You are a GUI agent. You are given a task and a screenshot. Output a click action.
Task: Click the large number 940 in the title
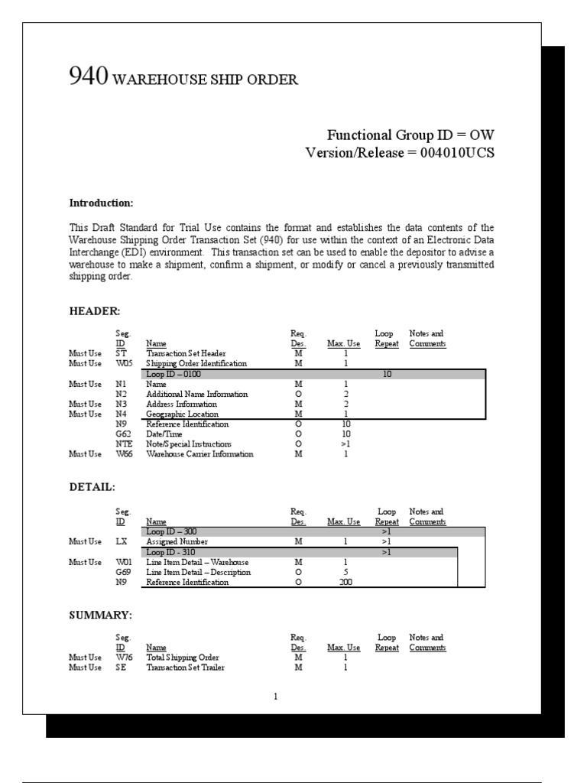88,76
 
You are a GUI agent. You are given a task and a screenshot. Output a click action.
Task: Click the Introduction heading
101,203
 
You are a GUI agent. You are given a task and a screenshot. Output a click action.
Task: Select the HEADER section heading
95,311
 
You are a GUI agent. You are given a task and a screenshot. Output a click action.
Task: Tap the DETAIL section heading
92,487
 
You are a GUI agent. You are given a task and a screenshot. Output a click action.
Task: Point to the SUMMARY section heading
101,615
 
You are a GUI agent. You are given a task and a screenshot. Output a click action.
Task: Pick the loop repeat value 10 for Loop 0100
388,375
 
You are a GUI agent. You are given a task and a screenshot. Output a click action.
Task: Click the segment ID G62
122,434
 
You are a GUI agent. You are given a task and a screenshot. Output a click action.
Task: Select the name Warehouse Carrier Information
199,454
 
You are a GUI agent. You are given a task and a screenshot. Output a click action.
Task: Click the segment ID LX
121,541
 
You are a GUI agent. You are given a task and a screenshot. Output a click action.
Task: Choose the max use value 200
345,582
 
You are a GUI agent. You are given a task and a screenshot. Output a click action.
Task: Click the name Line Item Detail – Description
198,572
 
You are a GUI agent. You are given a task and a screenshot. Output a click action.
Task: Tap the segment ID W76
123,657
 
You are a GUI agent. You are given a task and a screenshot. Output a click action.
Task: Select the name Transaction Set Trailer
185,668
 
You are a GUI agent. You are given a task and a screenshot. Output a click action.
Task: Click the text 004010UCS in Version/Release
456,153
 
